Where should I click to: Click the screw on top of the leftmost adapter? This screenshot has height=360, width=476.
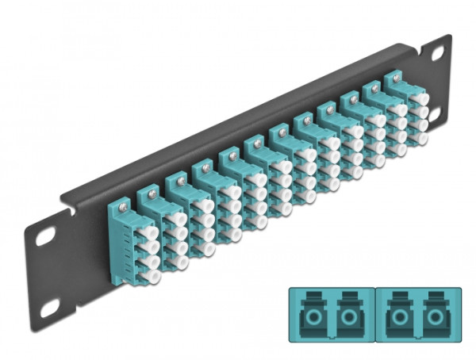click(122, 209)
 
